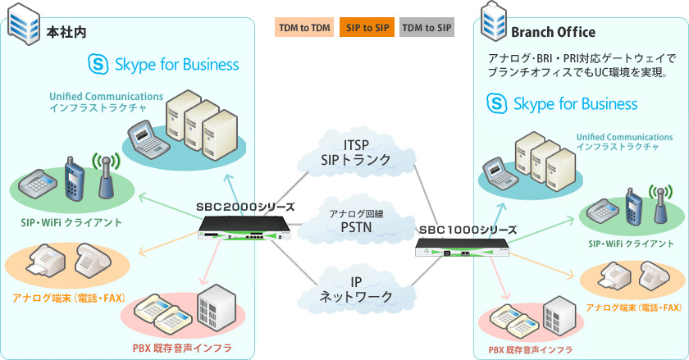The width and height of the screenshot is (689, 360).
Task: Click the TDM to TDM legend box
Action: coord(304,29)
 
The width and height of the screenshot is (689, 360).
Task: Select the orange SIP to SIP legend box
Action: coord(367,29)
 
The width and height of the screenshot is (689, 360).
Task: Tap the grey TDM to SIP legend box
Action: coord(427,29)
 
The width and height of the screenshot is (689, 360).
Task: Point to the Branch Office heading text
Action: coord(552,32)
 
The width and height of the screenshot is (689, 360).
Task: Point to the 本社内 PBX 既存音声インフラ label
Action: coord(181,349)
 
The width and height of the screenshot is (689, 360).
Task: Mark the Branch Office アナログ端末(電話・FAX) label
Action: coord(634,308)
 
